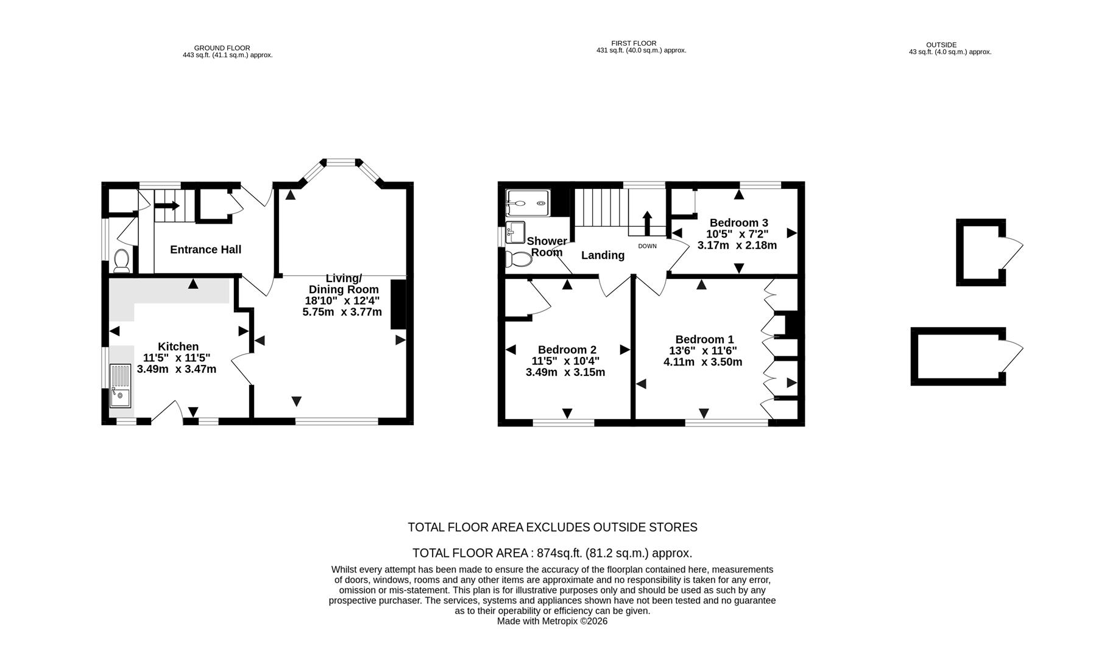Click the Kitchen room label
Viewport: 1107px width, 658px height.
pos(178,347)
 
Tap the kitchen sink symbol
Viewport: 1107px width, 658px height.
pos(120,385)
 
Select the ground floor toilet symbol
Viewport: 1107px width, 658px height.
pos(121,260)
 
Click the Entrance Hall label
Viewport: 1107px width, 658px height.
pos(205,249)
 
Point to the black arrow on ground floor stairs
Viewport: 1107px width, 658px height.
pos(165,207)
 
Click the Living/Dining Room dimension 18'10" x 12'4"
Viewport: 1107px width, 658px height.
pos(342,300)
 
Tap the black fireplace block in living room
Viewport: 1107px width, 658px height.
pos(398,304)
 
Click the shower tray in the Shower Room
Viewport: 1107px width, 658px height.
pos(528,203)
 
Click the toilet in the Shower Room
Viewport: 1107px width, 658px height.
pos(518,259)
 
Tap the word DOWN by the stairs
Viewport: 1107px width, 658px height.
pos(647,246)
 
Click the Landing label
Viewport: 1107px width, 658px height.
pos(603,255)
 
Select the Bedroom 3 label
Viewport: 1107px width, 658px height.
pos(738,222)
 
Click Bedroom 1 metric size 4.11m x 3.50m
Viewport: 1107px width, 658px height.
pos(702,362)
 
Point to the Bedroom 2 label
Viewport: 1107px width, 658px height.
pos(567,350)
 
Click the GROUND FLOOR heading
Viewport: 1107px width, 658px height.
pos(222,48)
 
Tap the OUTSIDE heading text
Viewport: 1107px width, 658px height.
pos(941,45)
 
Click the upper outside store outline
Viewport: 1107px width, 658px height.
pos(980,252)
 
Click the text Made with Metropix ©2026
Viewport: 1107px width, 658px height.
pos(552,621)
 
